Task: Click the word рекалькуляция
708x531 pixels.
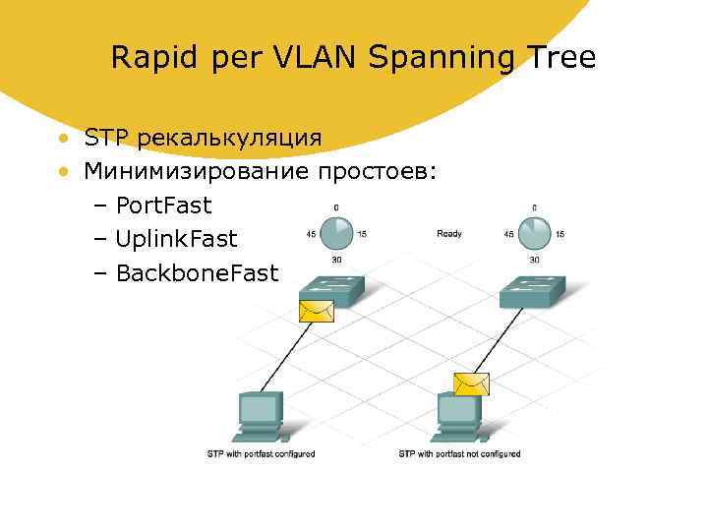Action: pos(229,139)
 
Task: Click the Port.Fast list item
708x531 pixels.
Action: pos(163,206)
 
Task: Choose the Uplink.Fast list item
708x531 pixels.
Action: pos(176,239)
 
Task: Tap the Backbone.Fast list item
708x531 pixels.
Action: pos(197,272)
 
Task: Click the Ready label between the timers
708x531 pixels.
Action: pos(449,234)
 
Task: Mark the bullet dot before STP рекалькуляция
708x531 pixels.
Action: pos(62,138)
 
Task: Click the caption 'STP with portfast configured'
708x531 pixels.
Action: pos(261,454)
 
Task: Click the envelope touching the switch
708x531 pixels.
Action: pos(316,311)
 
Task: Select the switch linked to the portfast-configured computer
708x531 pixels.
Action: pos(331,286)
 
